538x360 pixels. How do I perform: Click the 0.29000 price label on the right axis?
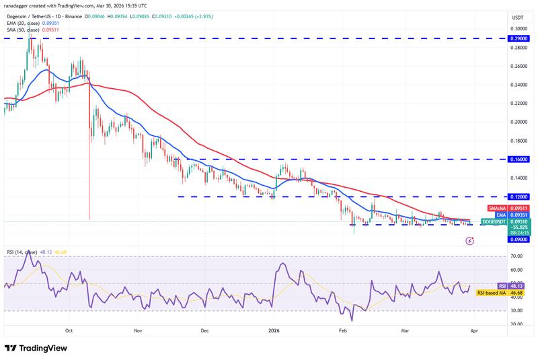click(x=518, y=38)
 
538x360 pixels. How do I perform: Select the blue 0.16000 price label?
click(x=518, y=159)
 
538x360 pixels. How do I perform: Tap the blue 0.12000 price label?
click(x=518, y=196)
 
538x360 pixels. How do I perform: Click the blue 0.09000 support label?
click(x=518, y=239)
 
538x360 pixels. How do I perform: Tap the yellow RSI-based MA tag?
click(x=497, y=293)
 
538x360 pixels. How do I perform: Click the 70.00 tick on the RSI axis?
click(x=517, y=256)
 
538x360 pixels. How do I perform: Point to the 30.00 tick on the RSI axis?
click(x=517, y=310)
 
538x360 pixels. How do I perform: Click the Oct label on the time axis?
click(x=69, y=330)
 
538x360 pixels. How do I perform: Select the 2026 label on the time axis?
click(x=273, y=330)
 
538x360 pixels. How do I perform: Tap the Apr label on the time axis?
click(x=473, y=330)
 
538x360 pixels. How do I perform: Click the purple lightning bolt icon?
click(x=469, y=239)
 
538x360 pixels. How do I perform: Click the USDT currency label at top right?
click(x=518, y=17)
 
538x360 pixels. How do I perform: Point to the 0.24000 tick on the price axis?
click(x=518, y=85)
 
